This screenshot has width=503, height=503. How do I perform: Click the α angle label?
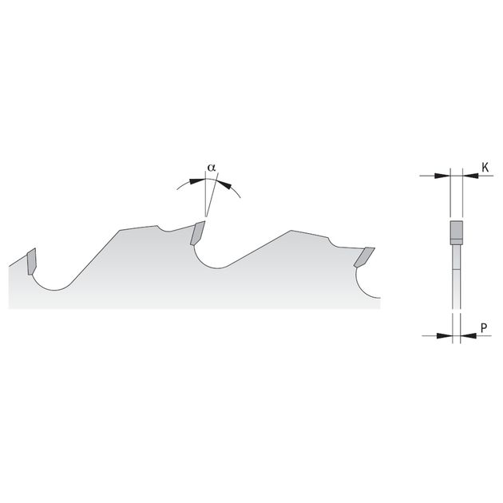pos(212,168)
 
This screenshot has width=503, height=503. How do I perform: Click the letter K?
pos(485,167)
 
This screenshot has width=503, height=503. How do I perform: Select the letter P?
pos(484,327)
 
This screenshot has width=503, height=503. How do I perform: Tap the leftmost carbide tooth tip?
pos(32,261)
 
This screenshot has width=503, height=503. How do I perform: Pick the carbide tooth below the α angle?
pos(197,233)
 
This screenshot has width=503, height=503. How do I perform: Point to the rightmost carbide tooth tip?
pos(364,257)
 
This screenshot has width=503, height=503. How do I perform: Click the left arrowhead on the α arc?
pos(196,181)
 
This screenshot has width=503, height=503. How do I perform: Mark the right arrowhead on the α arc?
pos(224,184)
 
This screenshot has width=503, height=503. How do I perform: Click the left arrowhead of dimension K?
pos(442,176)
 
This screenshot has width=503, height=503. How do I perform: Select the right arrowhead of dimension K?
pos(470,176)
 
